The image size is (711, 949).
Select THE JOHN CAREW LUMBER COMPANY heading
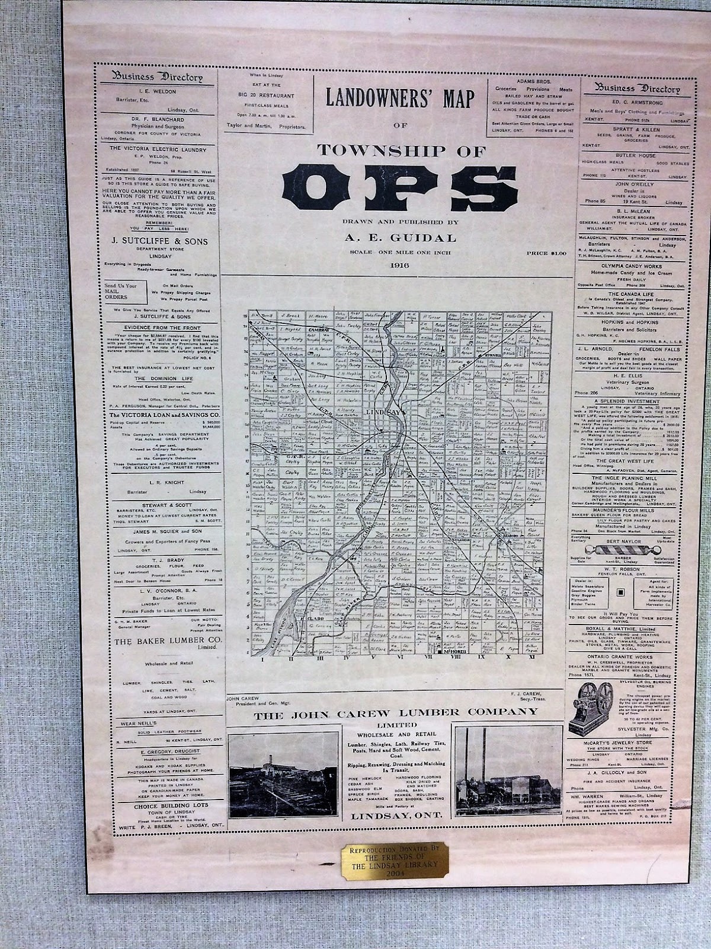point(394,717)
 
